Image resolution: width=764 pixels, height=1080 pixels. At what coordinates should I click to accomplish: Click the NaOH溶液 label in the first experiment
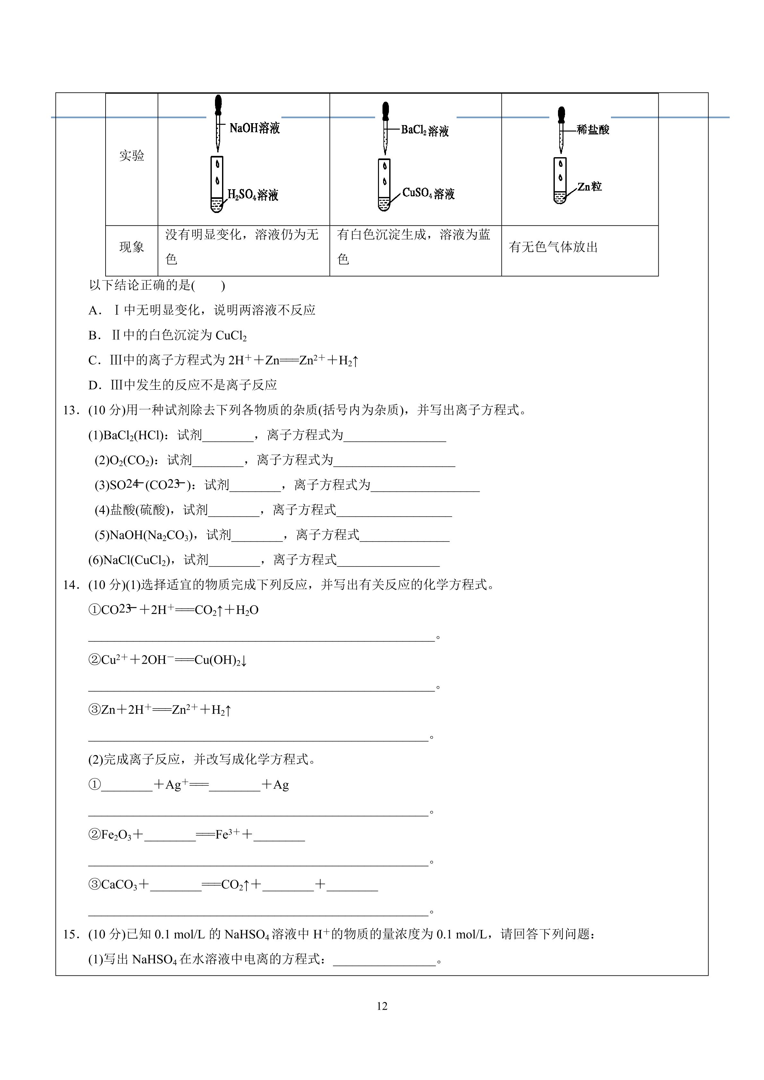(254, 128)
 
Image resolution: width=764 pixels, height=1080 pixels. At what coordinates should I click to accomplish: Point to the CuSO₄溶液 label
(428, 193)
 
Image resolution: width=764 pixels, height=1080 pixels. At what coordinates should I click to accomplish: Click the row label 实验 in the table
(132, 156)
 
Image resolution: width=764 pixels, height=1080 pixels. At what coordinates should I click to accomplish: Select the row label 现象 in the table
(132, 247)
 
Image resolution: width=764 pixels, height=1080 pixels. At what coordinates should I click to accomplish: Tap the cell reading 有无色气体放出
(553, 247)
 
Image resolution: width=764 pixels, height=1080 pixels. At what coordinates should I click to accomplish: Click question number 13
(71, 411)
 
